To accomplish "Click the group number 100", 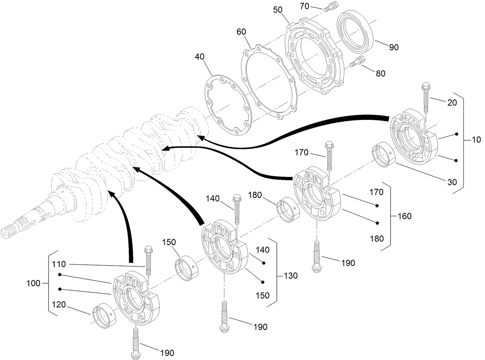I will coord(34,284).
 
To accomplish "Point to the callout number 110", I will coord(59,264).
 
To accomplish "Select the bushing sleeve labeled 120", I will coord(103,316).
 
